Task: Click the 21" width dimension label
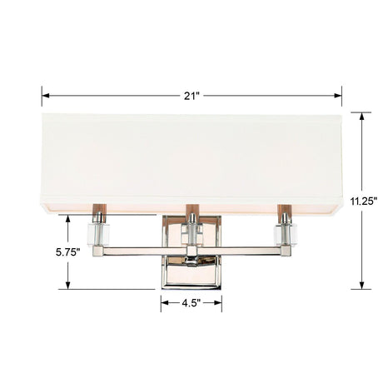click(192, 95)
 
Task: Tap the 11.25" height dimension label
click(364, 201)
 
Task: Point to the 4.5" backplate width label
click(192, 304)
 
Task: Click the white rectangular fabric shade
click(192, 158)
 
